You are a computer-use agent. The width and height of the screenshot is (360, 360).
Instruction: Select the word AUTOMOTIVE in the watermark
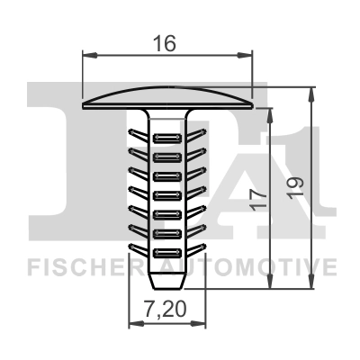(260, 266)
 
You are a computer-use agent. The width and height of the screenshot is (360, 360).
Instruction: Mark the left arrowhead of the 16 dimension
(87, 53)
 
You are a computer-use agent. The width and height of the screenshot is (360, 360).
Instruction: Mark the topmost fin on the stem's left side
(136, 135)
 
